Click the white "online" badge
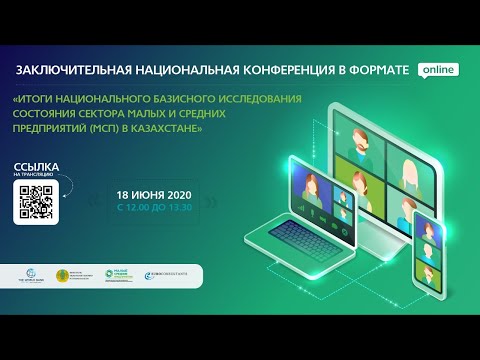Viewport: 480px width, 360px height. point(439,70)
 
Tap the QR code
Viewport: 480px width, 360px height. point(35,202)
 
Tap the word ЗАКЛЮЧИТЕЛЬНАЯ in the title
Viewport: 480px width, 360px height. point(82,71)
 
